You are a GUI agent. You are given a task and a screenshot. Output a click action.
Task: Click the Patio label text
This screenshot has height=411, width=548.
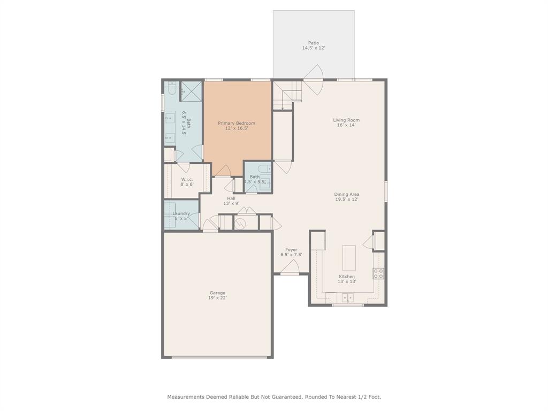point(313,43)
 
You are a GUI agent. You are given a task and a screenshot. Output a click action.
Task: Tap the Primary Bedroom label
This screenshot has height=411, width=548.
point(236,123)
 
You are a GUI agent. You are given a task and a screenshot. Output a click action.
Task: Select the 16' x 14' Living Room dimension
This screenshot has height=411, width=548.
point(346,125)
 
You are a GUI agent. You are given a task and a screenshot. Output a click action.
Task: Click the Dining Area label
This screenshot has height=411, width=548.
point(346,194)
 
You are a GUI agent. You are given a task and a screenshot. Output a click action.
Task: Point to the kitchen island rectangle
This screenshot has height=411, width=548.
point(349,258)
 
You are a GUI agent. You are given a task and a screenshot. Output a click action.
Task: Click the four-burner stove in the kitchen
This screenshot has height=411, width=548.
point(378,273)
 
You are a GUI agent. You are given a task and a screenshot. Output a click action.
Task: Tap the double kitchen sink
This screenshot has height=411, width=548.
point(348,298)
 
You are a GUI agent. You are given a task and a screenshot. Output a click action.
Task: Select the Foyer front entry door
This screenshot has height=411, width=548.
point(290,267)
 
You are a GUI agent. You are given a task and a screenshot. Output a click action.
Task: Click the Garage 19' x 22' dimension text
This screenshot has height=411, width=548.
point(217,298)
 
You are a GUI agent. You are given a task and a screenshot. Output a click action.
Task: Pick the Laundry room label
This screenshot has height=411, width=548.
point(181,214)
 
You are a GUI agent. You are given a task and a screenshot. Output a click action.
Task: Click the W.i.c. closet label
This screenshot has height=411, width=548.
point(187,179)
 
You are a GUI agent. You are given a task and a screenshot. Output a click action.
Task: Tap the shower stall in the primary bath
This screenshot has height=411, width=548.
point(191,91)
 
